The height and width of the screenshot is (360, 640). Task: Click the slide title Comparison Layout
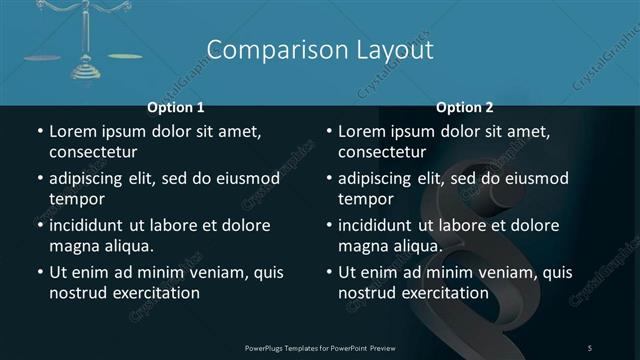coord(320,50)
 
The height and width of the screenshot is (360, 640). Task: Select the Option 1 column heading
coord(176,107)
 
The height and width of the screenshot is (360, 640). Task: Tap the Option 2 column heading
coord(465,107)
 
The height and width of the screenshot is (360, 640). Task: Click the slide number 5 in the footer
coord(590,347)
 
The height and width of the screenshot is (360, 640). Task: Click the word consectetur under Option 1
coord(93,152)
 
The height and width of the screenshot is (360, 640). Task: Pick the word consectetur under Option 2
coord(382,152)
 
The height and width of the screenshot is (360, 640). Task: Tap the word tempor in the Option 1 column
coord(73,199)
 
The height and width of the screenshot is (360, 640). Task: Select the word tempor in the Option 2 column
coord(362,199)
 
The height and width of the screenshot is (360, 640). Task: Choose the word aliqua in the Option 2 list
coord(417,246)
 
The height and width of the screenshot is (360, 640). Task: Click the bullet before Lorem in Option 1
coord(40,131)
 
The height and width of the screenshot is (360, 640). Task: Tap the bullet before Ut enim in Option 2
coord(329,272)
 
